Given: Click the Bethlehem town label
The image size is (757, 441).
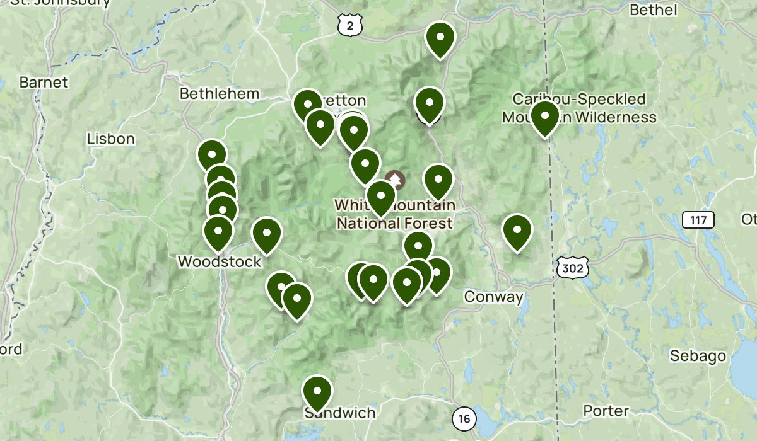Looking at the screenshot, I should click(219, 94).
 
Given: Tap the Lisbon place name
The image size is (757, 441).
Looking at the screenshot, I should click(111, 139).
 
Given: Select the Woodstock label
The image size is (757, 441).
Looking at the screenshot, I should click(219, 261).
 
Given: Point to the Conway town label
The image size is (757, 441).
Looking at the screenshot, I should click(493, 297).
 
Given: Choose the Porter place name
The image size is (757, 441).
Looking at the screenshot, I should click(606, 411).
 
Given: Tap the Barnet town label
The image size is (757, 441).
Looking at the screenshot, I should click(44, 83).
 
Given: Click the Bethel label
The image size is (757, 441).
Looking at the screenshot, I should click(654, 10).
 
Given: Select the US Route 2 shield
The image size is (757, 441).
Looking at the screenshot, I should click(349, 25).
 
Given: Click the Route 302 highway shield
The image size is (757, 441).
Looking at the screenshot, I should click(573, 269).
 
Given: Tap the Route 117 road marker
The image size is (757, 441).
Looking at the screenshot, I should click(698, 220).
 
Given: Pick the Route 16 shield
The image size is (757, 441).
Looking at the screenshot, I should click(464, 418).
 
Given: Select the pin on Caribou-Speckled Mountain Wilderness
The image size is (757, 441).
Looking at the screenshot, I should click(544, 117).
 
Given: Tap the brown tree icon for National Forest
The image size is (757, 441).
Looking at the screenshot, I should click(396, 180).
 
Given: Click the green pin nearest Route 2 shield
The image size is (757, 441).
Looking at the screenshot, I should click(440, 38).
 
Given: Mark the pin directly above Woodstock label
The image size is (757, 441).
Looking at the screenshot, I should click(218, 231).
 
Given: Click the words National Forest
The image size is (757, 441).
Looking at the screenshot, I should click(394, 223).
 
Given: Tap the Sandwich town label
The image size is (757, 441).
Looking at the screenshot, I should click(339, 413).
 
